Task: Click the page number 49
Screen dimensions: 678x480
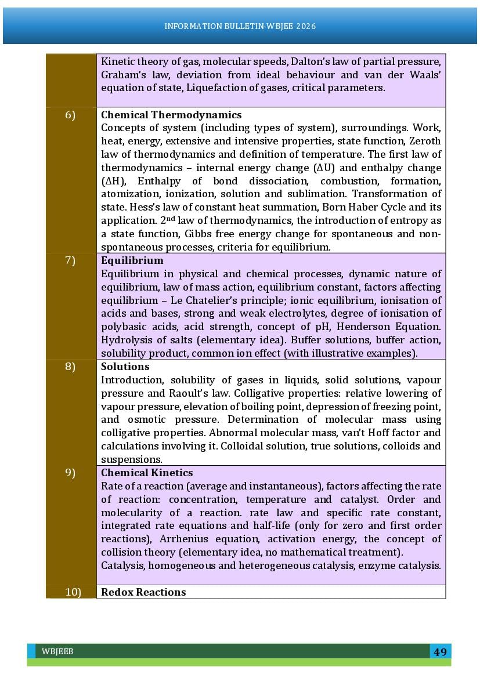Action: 440,651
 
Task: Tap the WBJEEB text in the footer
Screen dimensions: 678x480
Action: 57,652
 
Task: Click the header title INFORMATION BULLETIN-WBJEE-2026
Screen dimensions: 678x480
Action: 240,27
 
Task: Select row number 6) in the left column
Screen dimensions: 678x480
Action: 70,115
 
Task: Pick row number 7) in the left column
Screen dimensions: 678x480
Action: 70,260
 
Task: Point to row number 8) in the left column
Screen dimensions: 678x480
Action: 70,367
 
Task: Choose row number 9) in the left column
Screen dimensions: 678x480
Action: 70,473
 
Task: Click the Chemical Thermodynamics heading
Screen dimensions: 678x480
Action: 171,115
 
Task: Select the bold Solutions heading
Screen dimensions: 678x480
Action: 125,367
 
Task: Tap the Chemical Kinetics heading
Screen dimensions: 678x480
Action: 147,473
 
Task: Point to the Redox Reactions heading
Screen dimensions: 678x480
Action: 143,592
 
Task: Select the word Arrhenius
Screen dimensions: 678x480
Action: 183,539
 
